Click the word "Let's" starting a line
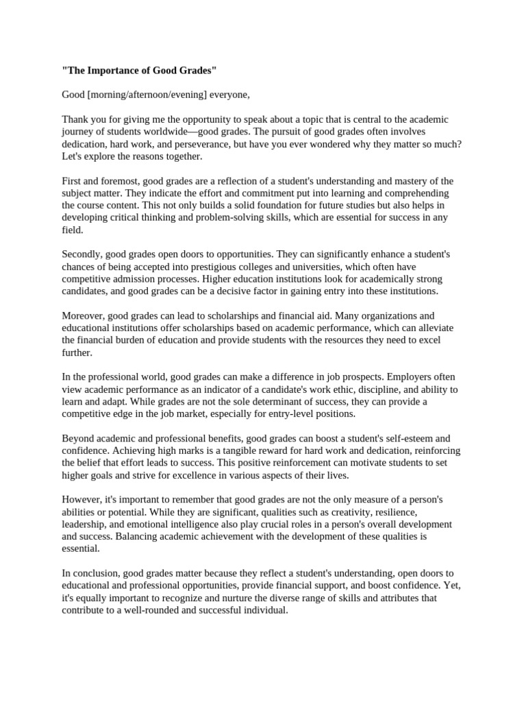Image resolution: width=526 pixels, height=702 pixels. (x=73, y=156)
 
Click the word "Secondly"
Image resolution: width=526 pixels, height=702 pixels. (x=84, y=254)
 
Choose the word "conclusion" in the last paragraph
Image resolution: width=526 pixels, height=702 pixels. (x=96, y=573)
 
